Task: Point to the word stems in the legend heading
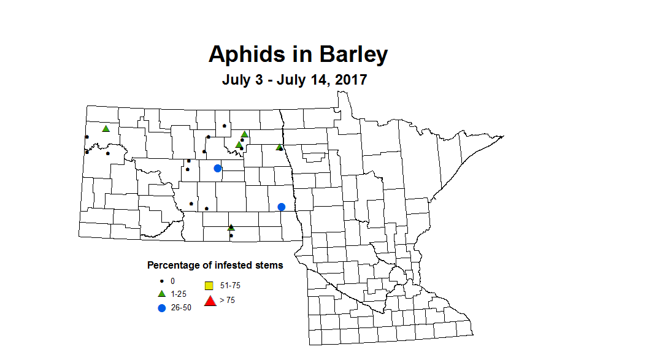coord(271,266)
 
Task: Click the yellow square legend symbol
coord(209,286)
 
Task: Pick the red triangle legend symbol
coord(210,301)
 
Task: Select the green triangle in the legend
coord(161,294)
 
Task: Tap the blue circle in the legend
coord(162,308)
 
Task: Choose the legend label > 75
coord(226,301)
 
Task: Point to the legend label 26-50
coord(181,308)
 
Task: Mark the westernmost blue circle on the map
coord(217,169)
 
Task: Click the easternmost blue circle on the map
coord(282,207)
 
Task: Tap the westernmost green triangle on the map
coord(106,129)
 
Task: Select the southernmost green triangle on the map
coord(231,228)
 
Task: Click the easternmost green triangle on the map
coord(279,147)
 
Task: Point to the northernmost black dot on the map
coord(225,126)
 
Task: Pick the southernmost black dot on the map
coord(231,236)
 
